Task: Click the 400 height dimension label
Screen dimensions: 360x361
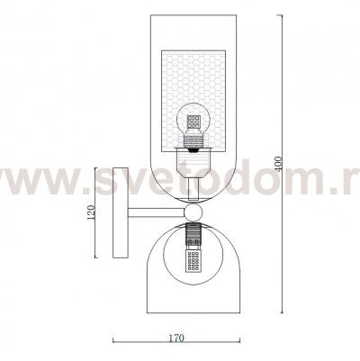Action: pos(279,164)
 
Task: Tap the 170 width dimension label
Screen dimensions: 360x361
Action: pos(175,338)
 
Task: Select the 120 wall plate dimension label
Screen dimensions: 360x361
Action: pos(91,212)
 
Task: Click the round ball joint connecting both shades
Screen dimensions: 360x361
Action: pos(193,212)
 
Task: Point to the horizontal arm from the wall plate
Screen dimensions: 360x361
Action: pos(156,212)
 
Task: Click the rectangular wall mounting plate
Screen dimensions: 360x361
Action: pos(121,212)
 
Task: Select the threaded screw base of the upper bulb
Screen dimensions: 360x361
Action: pos(193,141)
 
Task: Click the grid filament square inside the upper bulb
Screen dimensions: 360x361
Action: pos(193,122)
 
